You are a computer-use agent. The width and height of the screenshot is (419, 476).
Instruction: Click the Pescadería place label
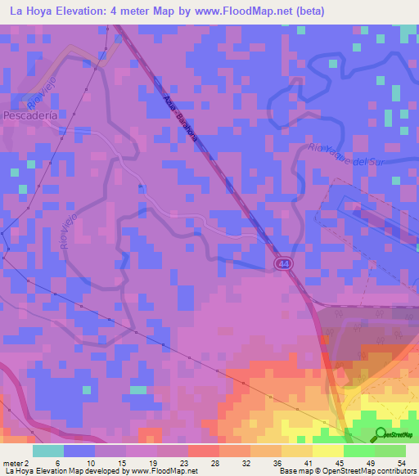[x=29, y=117]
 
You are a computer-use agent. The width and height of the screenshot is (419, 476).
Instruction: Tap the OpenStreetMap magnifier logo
[x=381, y=433]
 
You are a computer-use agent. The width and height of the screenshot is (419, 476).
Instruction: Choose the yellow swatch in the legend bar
[x=328, y=451]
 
